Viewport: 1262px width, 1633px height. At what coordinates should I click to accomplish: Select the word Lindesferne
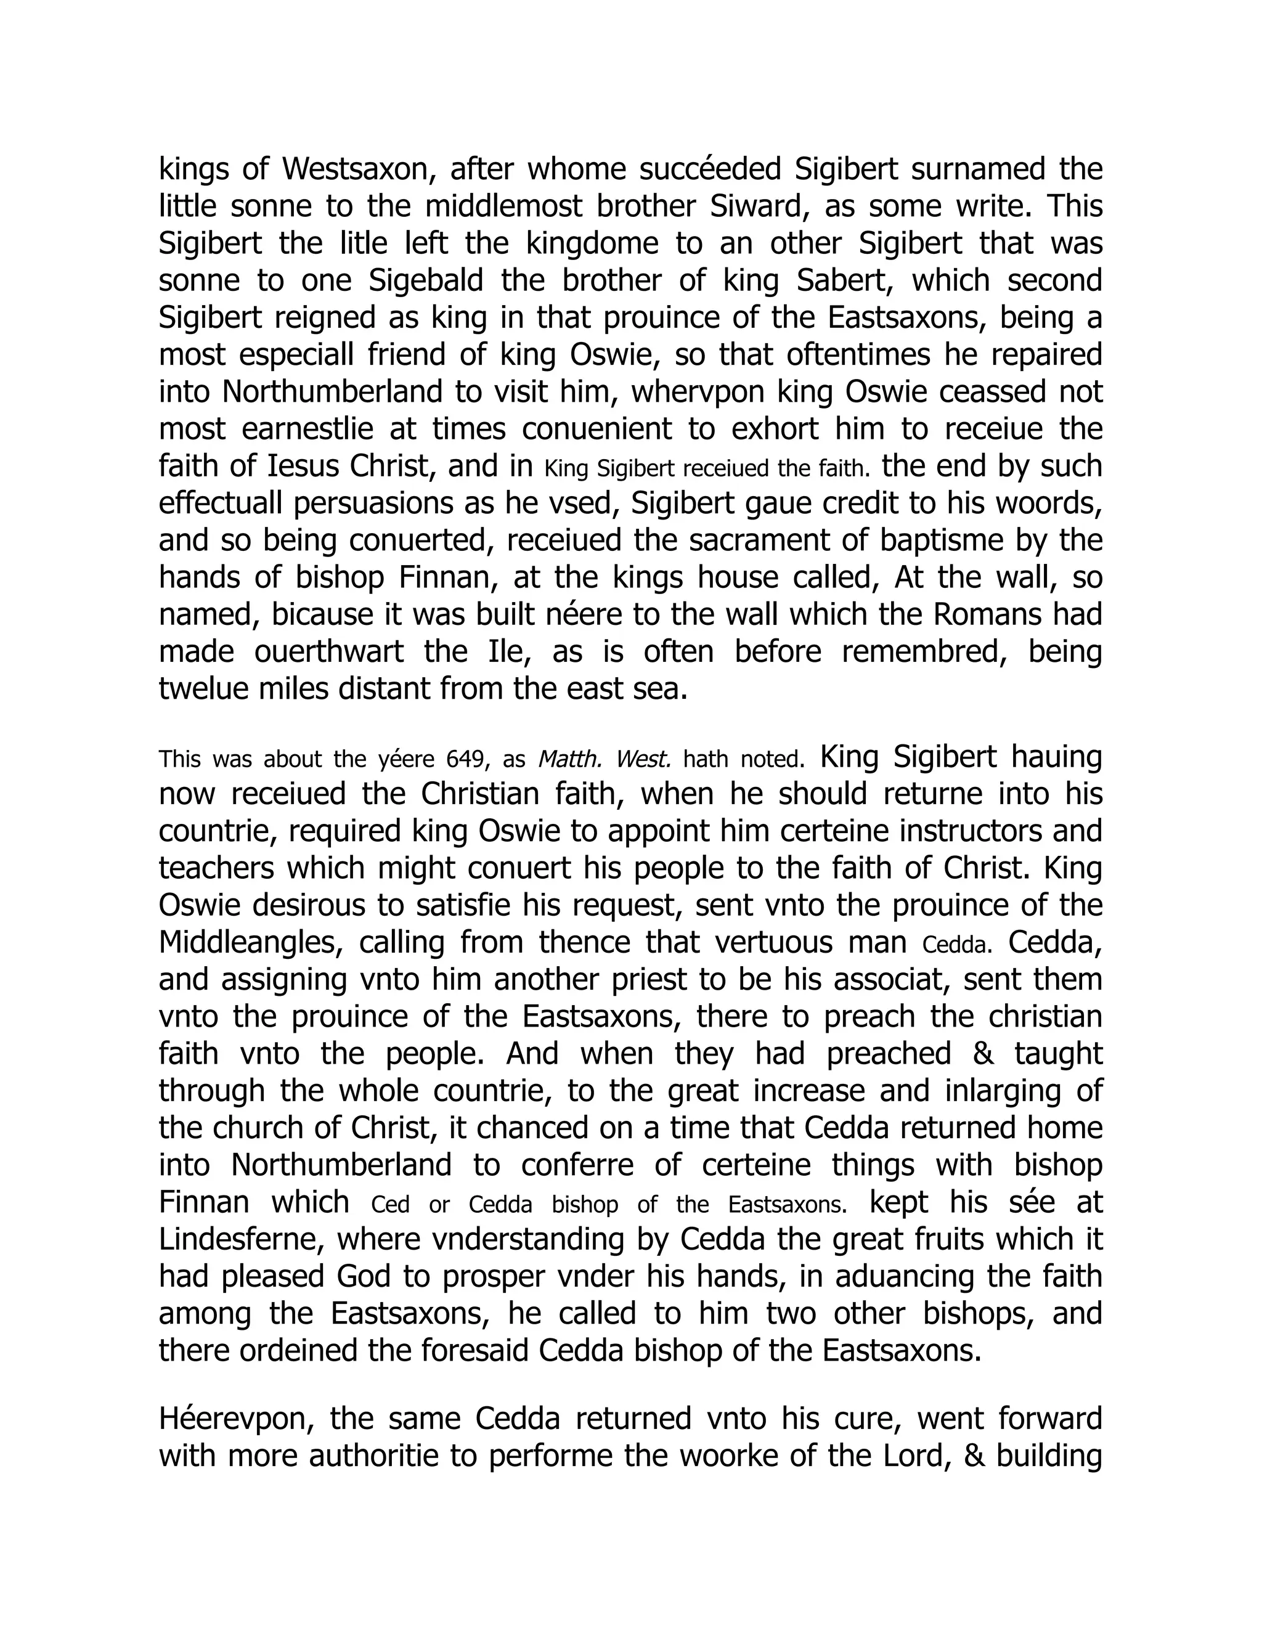click(x=240, y=1240)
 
